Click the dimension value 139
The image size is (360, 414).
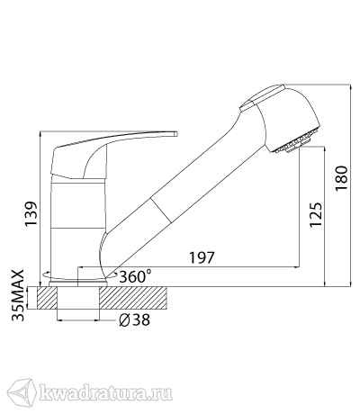(31, 214)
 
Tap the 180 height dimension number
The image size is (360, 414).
(341, 177)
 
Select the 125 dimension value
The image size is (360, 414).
(316, 215)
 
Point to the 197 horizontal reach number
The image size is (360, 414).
(202, 257)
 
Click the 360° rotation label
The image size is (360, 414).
(135, 276)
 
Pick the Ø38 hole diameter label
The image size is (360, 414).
(134, 320)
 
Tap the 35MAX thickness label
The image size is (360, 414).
(17, 295)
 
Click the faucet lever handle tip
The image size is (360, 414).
(176, 133)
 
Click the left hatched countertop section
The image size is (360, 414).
(47, 298)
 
